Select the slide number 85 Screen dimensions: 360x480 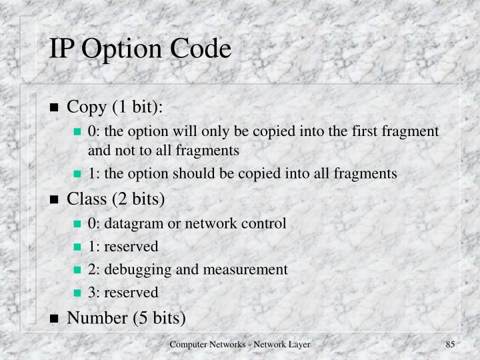[x=449, y=343]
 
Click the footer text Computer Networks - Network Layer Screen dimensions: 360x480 [x=240, y=343]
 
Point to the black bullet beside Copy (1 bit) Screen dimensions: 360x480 [x=55, y=108]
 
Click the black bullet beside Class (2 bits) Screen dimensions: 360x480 [x=55, y=199]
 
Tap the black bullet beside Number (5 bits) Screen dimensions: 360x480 [x=55, y=317]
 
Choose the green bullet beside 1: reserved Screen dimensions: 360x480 [x=77, y=247]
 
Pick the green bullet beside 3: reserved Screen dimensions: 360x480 [x=77, y=293]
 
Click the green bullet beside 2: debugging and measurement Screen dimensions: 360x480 [x=77, y=270]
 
